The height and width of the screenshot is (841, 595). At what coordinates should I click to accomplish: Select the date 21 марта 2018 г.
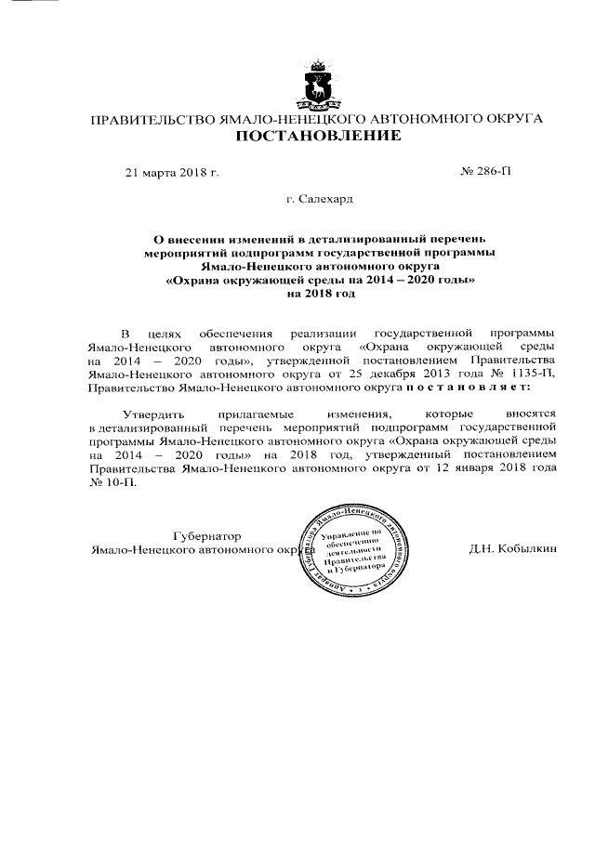172,173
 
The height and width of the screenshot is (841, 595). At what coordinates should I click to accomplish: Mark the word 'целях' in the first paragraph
167,333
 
